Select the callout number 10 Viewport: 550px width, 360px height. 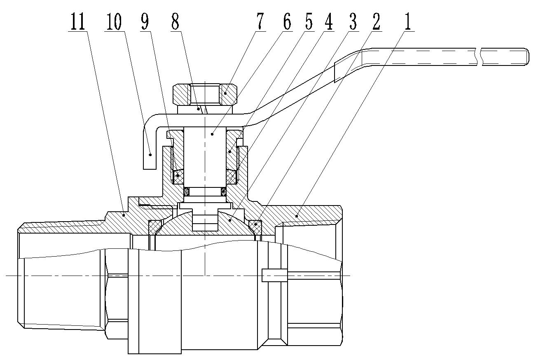pyautogui.click(x=114, y=23)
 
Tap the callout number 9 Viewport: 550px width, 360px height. pyautogui.click(x=145, y=23)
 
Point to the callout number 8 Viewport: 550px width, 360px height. pyautogui.click(x=175, y=23)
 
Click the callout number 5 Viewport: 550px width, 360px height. pyautogui.click(x=308, y=23)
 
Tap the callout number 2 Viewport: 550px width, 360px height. pyautogui.click(x=375, y=23)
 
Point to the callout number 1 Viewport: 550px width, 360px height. pyautogui.click(x=407, y=23)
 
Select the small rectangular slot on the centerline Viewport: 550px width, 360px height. pyautogui.click(x=274, y=275)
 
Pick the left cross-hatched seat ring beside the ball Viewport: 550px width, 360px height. pyautogui.click(x=155, y=226)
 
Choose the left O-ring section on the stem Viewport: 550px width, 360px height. pyautogui.click(x=186, y=192)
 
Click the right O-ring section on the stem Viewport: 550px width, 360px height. pyautogui.click(x=224, y=192)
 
